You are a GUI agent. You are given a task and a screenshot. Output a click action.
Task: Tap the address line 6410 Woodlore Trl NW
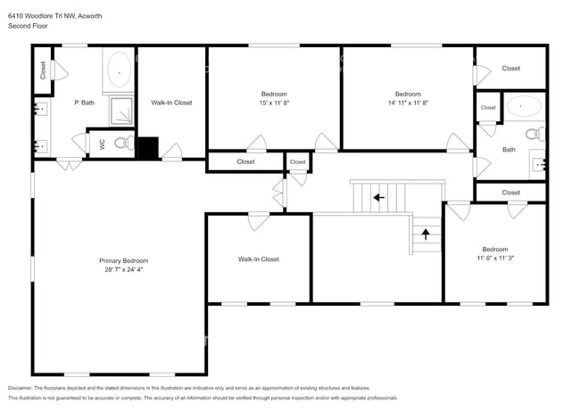46,13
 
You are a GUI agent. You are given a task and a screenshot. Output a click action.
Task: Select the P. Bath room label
85,102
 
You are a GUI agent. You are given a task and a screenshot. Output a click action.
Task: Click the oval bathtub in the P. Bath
119,69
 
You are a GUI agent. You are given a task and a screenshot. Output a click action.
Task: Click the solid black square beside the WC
147,147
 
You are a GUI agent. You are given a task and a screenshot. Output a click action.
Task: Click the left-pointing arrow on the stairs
378,197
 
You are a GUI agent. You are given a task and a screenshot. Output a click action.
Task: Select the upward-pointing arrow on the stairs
426,234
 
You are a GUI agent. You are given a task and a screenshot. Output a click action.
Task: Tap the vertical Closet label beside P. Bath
42,70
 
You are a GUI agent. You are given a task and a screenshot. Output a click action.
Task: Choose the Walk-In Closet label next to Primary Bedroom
258,259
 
